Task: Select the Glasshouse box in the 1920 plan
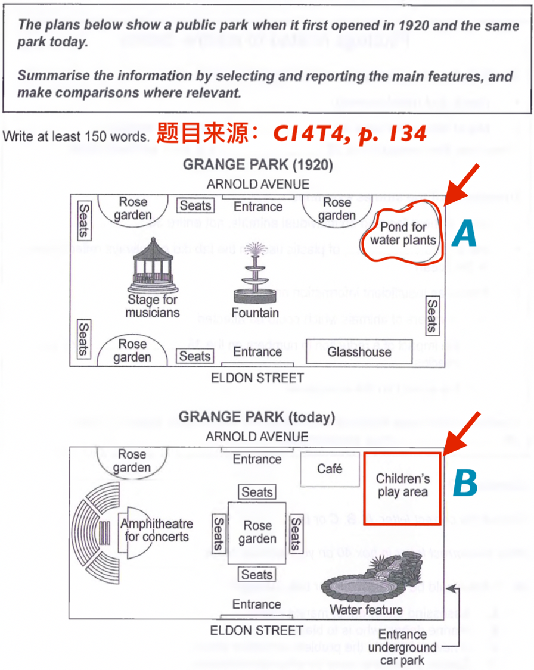point(359,352)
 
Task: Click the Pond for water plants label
point(403,233)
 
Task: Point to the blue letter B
point(465,484)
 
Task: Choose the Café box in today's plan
point(330,469)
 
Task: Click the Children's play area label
point(402,485)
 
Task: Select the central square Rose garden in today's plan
point(257,533)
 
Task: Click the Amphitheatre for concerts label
point(156,530)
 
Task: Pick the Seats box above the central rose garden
point(257,493)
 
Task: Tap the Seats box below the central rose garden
point(257,575)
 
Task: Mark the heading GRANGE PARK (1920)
point(257,166)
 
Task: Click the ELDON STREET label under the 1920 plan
point(257,378)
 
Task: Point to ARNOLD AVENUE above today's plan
point(257,437)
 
